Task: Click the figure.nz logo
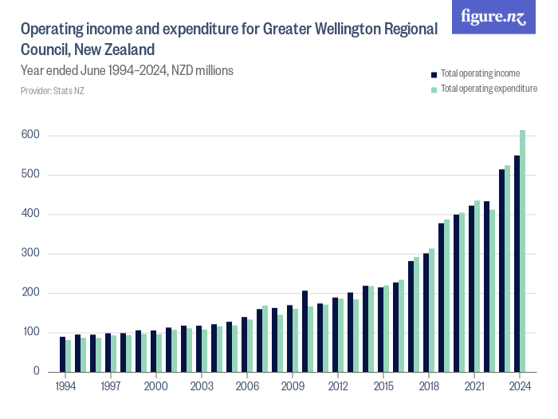493,17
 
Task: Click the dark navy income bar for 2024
517,264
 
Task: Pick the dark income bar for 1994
62,354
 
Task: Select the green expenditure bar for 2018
432,310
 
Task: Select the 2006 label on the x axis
247,385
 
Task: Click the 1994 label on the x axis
65,385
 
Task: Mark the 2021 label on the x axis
474,385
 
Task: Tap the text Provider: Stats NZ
52,91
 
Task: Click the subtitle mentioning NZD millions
127,71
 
